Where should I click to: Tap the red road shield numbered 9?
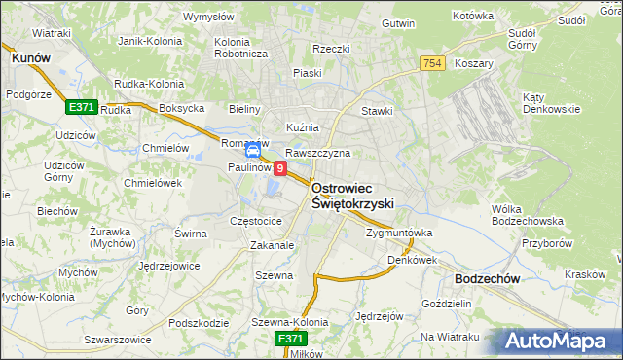point(280,168)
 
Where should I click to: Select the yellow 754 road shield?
point(434,63)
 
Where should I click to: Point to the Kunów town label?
point(29,58)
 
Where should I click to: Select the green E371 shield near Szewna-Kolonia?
point(289,338)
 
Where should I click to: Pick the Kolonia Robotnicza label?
point(240,48)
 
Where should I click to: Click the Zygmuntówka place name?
point(399,234)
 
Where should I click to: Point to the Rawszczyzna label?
point(317,153)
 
